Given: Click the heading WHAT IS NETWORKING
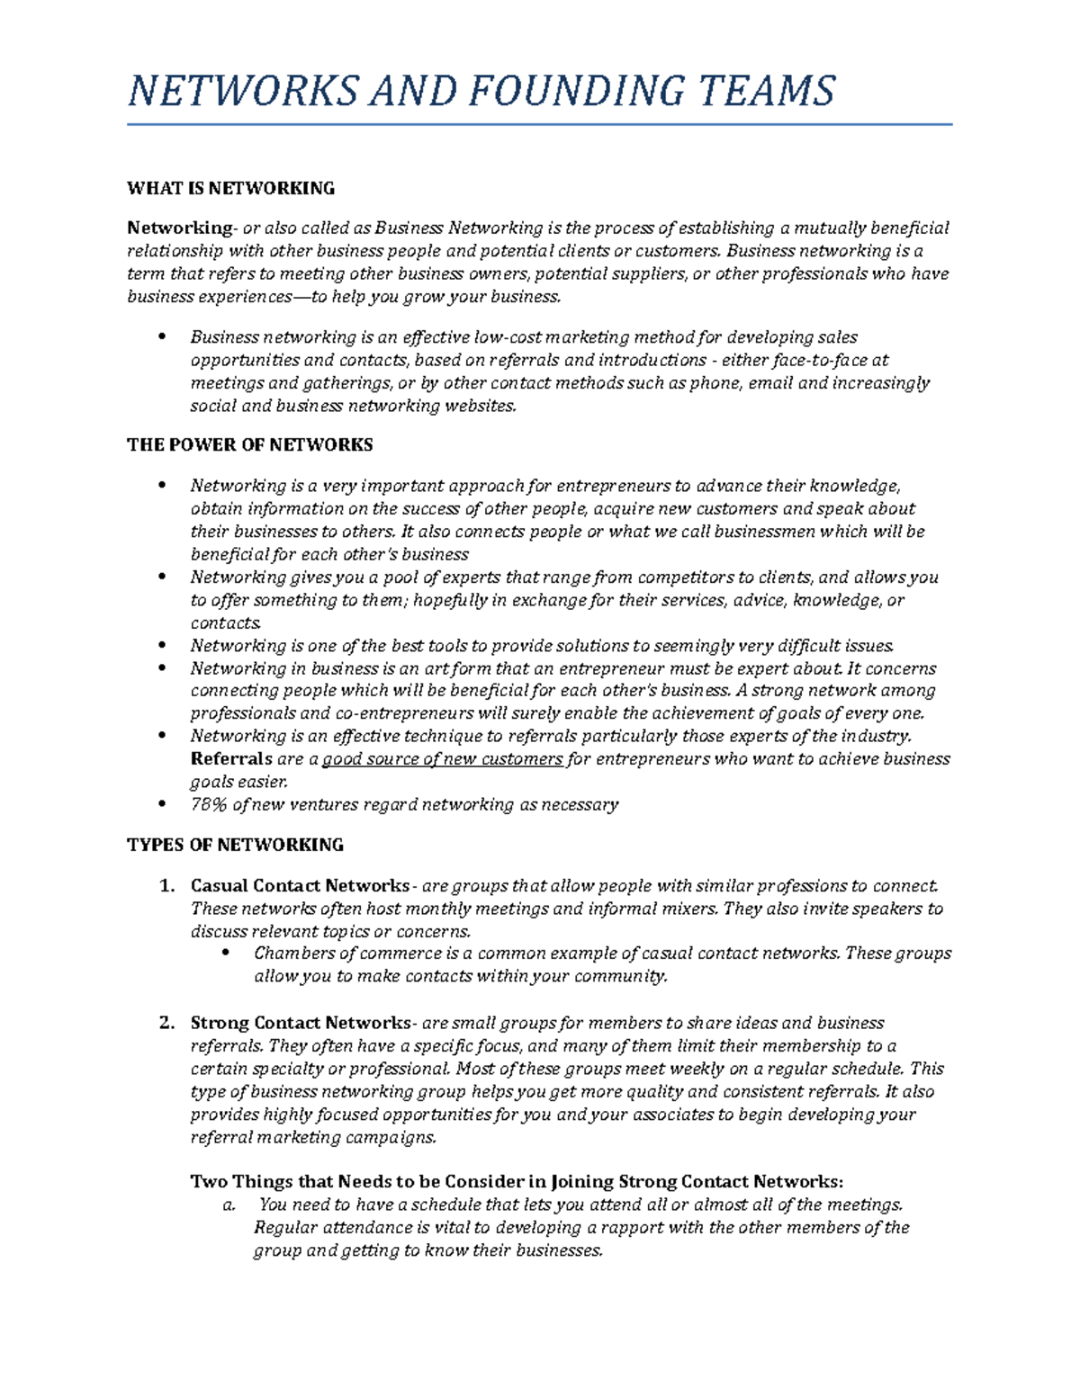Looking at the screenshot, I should [230, 188].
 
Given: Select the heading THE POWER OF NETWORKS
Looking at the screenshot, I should [249, 444].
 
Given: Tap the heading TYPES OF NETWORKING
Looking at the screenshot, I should [235, 845].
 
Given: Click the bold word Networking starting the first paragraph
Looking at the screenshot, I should [179, 228].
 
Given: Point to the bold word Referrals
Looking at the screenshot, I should [231, 758].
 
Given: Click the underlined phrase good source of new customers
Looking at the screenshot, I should [442, 758].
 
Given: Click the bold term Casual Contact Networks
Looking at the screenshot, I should [299, 885].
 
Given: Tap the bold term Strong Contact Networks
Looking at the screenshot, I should [300, 1023].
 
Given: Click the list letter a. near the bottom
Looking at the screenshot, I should [229, 1205].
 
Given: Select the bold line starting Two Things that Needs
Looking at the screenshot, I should [517, 1181].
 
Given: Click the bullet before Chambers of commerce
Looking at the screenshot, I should [226, 953].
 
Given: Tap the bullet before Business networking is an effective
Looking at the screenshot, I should [162, 336].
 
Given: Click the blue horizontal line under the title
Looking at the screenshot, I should [539, 125].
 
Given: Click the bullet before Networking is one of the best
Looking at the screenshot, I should [162, 645].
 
